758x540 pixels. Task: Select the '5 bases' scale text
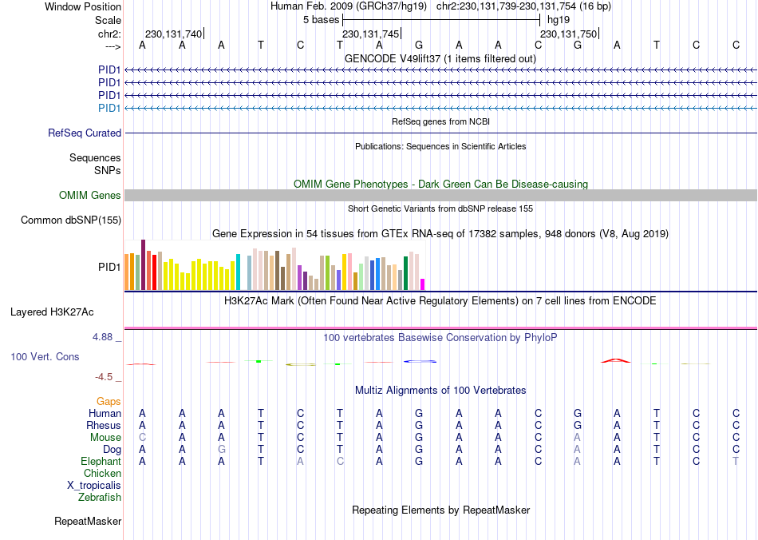(x=321, y=19)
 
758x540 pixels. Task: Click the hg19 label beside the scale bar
(x=559, y=19)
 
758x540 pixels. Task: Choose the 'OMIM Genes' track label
(x=90, y=196)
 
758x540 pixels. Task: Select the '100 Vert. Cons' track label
(x=45, y=356)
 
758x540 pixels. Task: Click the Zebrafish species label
(x=100, y=498)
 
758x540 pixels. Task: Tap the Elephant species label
(x=101, y=462)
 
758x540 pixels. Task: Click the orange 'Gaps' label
(x=109, y=401)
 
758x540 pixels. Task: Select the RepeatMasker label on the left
(x=88, y=522)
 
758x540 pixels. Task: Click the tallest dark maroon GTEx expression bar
(x=143, y=264)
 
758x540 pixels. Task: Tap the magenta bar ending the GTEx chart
(x=423, y=284)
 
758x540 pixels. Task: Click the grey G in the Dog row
(x=222, y=450)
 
